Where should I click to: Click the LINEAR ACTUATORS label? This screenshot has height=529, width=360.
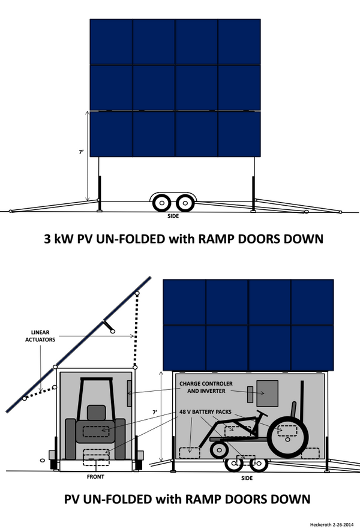pyautogui.click(x=40, y=336)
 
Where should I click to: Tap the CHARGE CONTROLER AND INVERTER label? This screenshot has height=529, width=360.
pyautogui.click(x=206, y=387)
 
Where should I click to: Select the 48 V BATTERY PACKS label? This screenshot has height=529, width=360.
pyautogui.click(x=205, y=411)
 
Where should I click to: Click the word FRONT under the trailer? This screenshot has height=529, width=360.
pyautogui.click(x=95, y=477)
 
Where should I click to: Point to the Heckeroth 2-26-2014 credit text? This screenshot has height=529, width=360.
pyautogui.click(x=332, y=525)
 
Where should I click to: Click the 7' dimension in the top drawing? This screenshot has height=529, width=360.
pyautogui.click(x=81, y=152)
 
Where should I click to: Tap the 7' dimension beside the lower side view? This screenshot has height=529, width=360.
pyautogui.click(x=155, y=412)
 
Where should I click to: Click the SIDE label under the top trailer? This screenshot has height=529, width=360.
pyautogui.click(x=173, y=216)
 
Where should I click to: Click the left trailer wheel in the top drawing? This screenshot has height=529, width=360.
pyautogui.click(x=162, y=203)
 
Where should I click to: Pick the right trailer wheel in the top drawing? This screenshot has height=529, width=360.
pyautogui.click(x=185, y=203)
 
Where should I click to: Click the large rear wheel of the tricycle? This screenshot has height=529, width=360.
pyautogui.click(x=288, y=437)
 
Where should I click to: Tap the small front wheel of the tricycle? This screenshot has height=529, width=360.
pyautogui.click(x=220, y=449)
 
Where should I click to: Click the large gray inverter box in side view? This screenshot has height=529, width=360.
pyautogui.click(x=268, y=393)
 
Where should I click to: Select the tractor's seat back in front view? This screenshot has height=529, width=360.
pyautogui.click(x=97, y=413)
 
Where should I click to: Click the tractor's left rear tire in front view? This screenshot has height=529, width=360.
pyautogui.click(x=71, y=439)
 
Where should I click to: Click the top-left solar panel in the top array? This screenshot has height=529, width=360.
pyautogui.click(x=112, y=42)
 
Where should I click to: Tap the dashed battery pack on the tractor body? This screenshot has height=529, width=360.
pyautogui.click(x=96, y=431)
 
